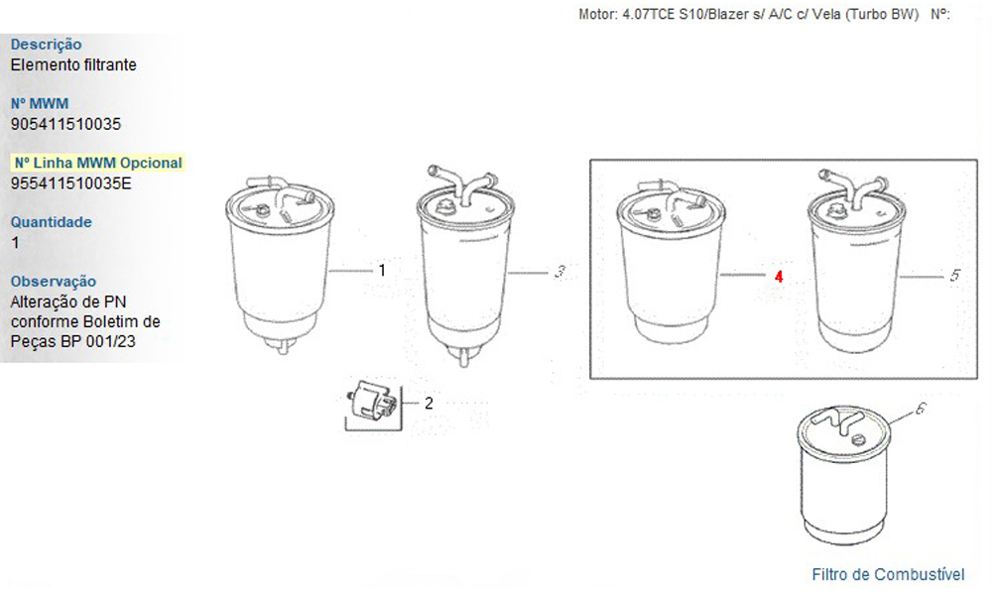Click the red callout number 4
779,277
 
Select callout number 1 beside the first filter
382,270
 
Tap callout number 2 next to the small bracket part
429,403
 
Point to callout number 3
559,272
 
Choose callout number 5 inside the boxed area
955,275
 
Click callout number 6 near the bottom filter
922,409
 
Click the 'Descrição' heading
47,45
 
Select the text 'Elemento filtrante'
73,64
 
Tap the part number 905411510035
65,124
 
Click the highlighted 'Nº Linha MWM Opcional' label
98,163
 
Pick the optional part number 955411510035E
71,183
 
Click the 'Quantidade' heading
52,222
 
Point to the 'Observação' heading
54,282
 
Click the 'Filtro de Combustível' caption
888,574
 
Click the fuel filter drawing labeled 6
844,475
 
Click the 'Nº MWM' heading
40,104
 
